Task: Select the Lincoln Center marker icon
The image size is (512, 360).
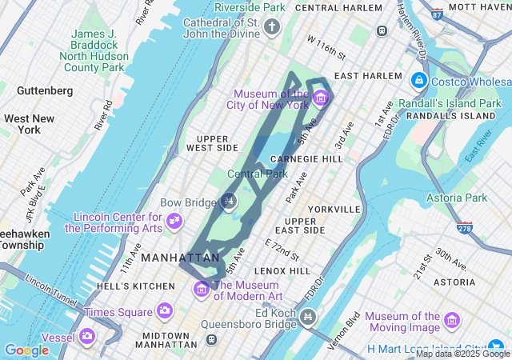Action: (x=174, y=221)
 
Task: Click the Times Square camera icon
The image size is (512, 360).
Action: (x=165, y=310)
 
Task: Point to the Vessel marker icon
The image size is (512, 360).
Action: (x=86, y=336)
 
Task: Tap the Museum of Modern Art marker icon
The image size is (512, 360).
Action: (x=201, y=287)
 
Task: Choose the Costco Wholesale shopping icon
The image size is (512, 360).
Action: (x=418, y=81)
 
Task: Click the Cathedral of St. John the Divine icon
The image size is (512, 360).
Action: (x=271, y=29)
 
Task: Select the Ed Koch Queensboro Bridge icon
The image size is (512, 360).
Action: (x=306, y=319)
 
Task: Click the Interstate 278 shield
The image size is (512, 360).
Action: (x=464, y=229)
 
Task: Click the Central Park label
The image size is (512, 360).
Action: (x=257, y=174)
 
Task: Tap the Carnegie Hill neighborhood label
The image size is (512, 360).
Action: (x=307, y=159)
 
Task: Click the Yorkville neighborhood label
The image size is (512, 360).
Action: (x=334, y=209)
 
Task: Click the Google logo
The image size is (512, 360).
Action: (x=26, y=350)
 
